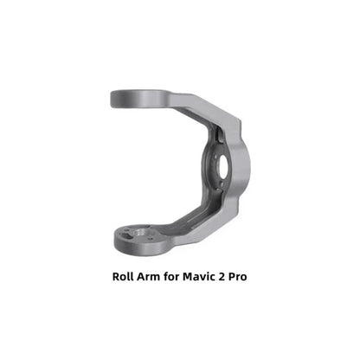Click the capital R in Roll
[117, 280]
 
